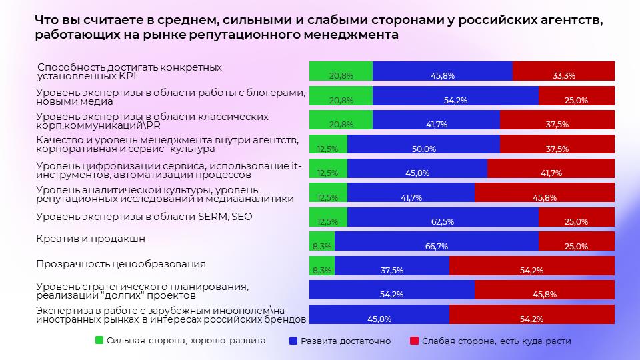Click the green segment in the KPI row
click(x=341, y=71)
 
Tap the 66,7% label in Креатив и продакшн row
click(x=436, y=246)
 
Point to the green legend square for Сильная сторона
click(x=99, y=341)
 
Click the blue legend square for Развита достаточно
click(x=293, y=341)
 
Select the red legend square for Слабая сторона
click(x=414, y=341)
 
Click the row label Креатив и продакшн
click(x=90, y=239)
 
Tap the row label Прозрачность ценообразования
click(x=121, y=263)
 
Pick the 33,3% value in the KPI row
click(x=564, y=76)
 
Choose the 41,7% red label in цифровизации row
click(x=551, y=173)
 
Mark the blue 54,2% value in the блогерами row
click(x=455, y=100)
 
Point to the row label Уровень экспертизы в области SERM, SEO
click(x=145, y=217)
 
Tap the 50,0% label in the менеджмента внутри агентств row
click(x=424, y=149)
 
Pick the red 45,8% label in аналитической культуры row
click(x=545, y=197)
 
